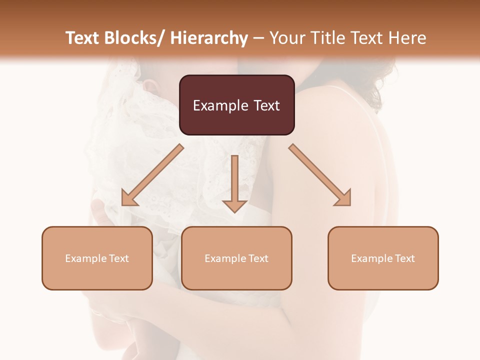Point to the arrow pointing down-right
pos(320,175)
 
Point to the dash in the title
pos(258,38)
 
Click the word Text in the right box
pos(404,258)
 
